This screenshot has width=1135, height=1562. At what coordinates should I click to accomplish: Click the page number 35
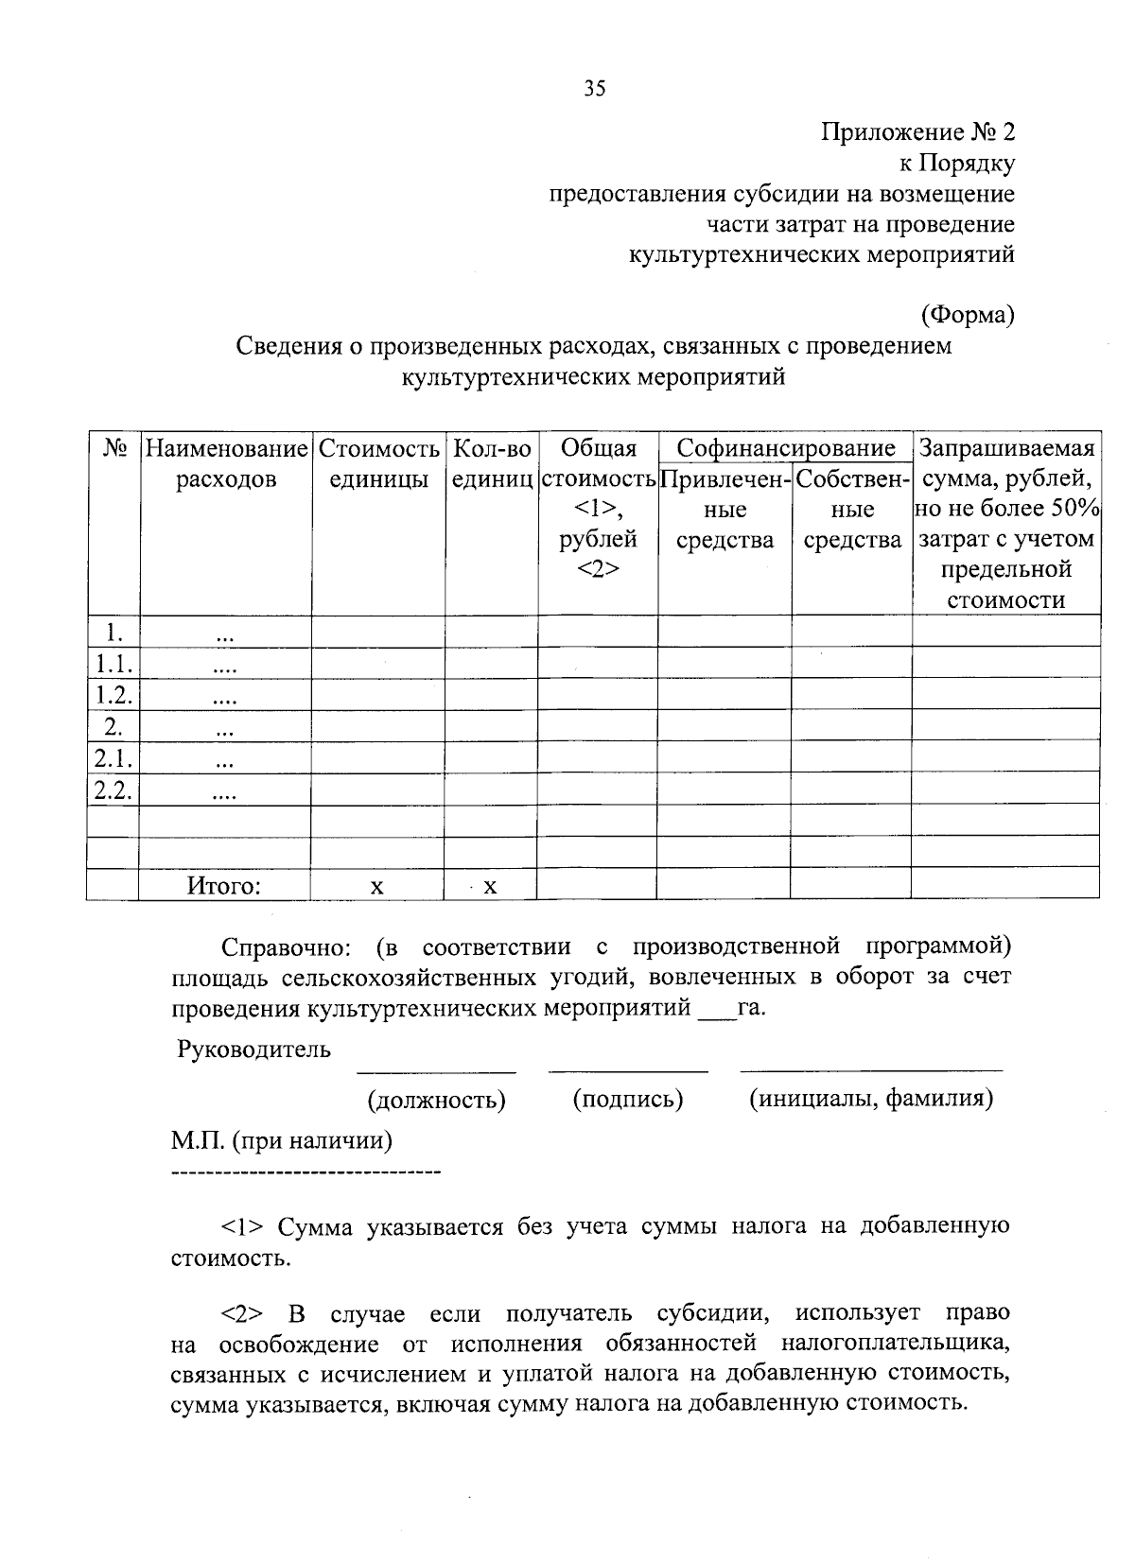pos(594,89)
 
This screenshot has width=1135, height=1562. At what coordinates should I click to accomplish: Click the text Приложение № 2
pos(917,133)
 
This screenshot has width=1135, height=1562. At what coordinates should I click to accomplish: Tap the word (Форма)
pos(967,315)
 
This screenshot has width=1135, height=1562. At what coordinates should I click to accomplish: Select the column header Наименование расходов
pos(225,463)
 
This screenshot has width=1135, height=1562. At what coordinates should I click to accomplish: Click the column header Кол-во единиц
pos(491,463)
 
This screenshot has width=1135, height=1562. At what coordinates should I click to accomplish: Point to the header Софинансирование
pos(785,447)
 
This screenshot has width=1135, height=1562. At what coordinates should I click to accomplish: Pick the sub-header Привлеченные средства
pos(725,510)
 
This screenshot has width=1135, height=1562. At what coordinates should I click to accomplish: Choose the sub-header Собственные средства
pos(851,510)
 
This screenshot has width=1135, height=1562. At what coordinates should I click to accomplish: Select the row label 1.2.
pos(112,696)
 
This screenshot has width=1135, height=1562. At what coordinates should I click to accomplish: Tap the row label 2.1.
pos(112,758)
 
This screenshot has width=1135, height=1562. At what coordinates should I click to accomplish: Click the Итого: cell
pos(223,886)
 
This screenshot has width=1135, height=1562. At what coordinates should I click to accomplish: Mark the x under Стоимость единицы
pos(376,886)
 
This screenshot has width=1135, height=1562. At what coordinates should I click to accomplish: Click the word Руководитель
pos(253,1049)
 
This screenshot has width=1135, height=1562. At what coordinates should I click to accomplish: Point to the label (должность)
pos(436,1100)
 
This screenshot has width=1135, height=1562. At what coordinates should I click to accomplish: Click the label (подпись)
pos(627,1099)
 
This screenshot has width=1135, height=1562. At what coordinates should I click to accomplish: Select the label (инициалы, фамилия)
pos(870,1099)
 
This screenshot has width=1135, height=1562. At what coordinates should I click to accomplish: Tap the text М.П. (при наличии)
pos(282,1140)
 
